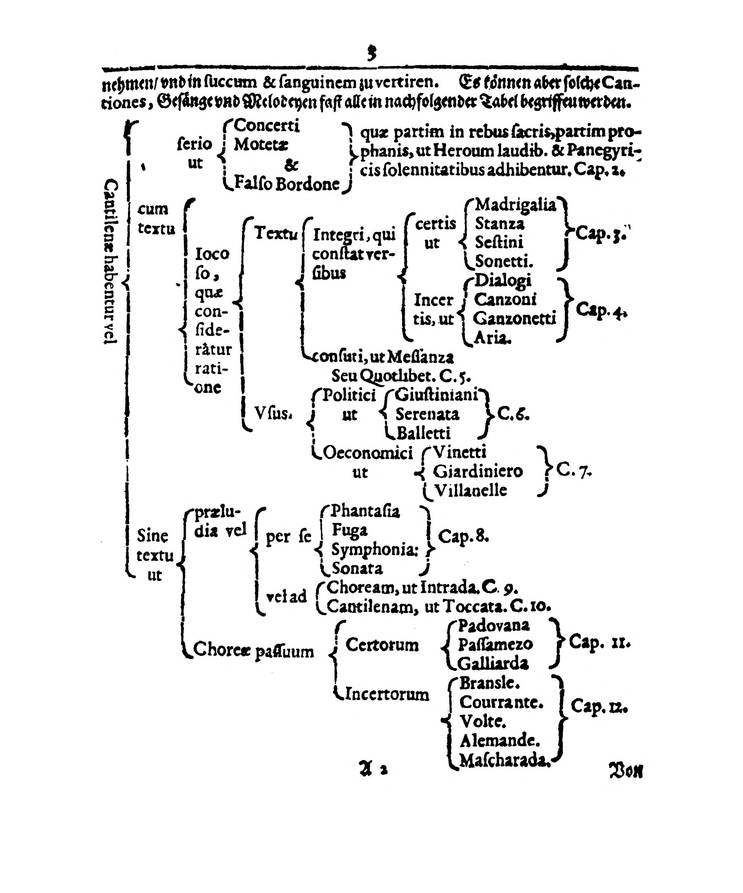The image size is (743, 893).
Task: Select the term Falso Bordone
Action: click(287, 184)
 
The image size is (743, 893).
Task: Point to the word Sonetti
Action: click(504, 260)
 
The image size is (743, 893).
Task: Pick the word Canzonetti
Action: click(514, 318)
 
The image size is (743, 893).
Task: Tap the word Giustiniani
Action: click(436, 395)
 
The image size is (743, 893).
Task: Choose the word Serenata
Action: click(427, 414)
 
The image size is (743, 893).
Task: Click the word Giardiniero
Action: click(477, 471)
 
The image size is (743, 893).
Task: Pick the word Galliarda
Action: click(493, 663)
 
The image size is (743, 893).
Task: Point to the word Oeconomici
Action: click(368, 453)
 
